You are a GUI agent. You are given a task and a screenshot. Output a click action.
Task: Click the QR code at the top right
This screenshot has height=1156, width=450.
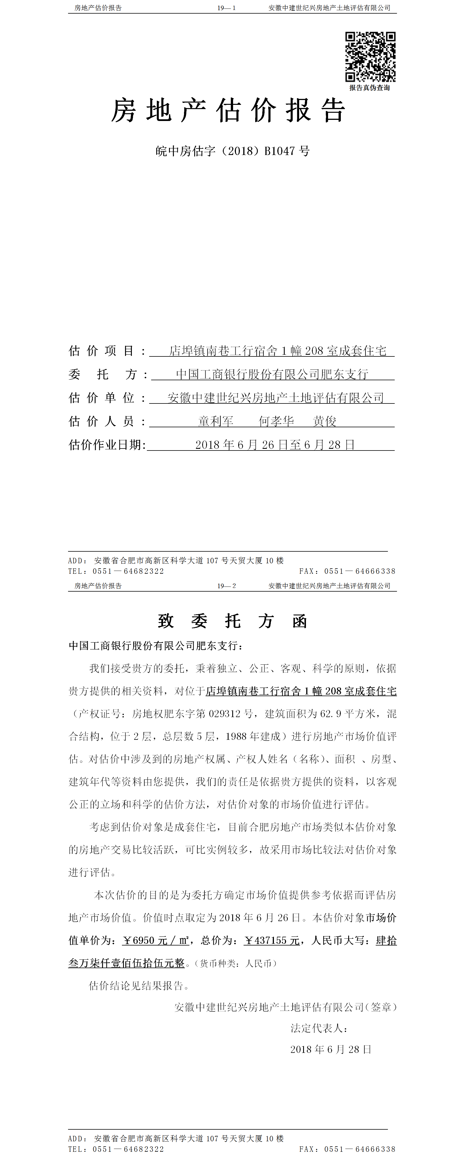click(x=370, y=57)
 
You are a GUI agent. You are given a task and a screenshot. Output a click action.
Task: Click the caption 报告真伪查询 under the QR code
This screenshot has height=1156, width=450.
click(x=369, y=88)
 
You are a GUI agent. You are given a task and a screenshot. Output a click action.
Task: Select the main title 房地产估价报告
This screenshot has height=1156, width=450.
click(x=228, y=110)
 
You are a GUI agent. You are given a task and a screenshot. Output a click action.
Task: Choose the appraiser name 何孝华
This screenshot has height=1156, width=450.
click(x=276, y=421)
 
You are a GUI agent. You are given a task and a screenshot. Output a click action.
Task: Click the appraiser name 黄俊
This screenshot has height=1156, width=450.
click(x=325, y=421)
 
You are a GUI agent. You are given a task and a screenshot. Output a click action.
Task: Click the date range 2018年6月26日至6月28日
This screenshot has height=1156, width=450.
click(x=275, y=445)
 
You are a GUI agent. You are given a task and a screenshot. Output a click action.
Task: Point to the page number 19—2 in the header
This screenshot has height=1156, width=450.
click(x=226, y=586)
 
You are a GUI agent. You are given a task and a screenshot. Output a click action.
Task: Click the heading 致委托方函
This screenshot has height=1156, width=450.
click(x=232, y=621)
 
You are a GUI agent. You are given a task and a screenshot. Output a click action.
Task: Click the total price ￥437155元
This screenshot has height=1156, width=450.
click(x=272, y=940)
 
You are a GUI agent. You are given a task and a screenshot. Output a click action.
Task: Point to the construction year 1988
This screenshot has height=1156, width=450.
click(x=236, y=736)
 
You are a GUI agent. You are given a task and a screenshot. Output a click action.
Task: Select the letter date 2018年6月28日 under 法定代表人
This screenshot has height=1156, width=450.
click(x=331, y=1049)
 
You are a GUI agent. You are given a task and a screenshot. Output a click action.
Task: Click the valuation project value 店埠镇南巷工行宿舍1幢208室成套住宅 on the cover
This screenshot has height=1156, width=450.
click(x=278, y=351)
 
